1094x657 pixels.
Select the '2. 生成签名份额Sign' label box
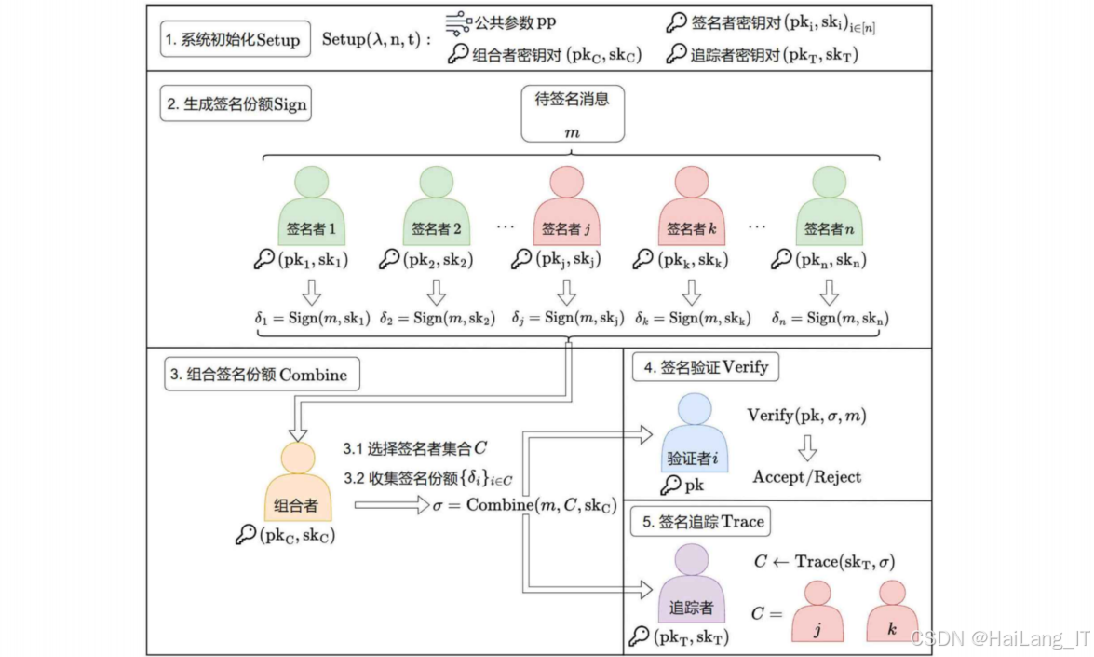point(236,104)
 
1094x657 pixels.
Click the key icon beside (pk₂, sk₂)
point(390,260)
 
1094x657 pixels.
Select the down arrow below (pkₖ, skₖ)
point(691,293)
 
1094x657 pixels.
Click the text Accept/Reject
point(807,477)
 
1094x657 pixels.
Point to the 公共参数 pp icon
point(456,22)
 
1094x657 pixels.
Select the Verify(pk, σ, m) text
point(806,415)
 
